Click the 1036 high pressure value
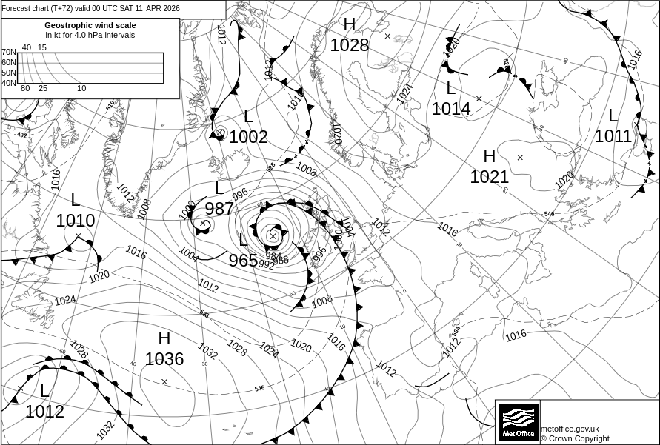164,360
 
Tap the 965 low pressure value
243,261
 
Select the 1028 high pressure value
349,45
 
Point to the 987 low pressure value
219,209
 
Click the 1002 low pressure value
248,137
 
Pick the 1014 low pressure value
451,109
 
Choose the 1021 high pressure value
490,177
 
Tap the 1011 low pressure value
613,136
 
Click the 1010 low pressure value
76,221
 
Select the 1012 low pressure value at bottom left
44,412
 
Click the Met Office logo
517,421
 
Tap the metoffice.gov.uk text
570,429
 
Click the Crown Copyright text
575,438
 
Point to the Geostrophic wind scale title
90,25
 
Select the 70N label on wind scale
8,53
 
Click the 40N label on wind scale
8,83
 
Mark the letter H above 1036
164,339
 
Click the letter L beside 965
243,240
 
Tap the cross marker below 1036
164,381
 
